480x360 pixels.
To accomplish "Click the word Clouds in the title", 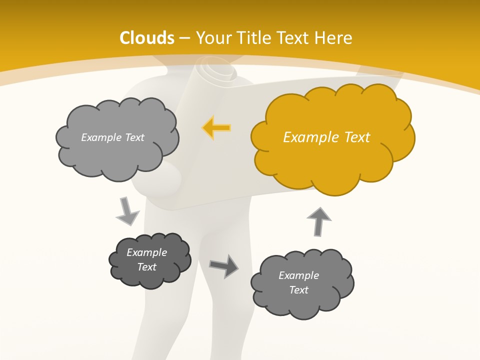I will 147,38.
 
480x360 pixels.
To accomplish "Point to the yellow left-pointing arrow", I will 216,128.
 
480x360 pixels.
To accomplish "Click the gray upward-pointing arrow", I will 318,221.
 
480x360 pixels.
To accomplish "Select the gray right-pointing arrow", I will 224,265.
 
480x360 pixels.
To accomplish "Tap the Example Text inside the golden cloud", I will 326,137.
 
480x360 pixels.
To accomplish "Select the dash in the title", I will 184,38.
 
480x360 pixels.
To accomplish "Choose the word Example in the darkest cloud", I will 146,252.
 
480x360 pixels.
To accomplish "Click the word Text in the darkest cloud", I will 146,267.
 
